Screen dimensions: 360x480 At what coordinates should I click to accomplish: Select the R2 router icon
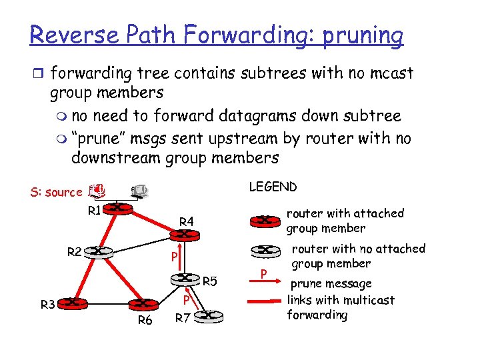click(x=99, y=251)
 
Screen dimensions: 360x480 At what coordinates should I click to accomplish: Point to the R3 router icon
click(x=77, y=303)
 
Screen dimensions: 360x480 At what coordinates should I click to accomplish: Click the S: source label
click(x=55, y=192)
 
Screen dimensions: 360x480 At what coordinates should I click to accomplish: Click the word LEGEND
click(x=273, y=187)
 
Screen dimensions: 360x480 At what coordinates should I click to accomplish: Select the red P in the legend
click(x=264, y=273)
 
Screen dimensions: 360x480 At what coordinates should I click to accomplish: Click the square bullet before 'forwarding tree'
click(x=38, y=72)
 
